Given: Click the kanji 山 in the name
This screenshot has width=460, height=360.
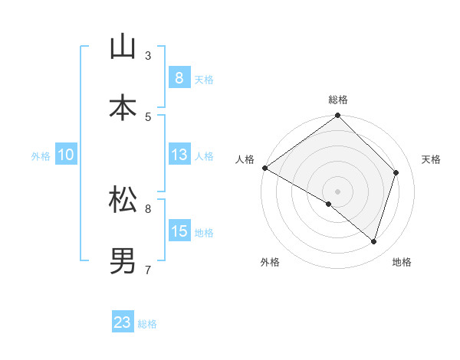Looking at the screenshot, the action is pyautogui.click(x=123, y=47).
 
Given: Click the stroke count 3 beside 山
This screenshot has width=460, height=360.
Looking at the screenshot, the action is pyautogui.click(x=148, y=56).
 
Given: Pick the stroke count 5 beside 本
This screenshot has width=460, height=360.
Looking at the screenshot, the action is pyautogui.click(x=148, y=116).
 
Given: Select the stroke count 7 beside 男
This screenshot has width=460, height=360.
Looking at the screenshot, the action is pyautogui.click(x=148, y=269).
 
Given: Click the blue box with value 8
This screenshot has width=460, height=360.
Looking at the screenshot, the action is pyautogui.click(x=179, y=77).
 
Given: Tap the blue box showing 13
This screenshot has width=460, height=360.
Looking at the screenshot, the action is pyautogui.click(x=179, y=155).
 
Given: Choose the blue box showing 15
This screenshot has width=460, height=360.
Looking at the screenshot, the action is pyautogui.click(x=179, y=231).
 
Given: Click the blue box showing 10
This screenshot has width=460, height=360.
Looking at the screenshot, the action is pyautogui.click(x=66, y=155).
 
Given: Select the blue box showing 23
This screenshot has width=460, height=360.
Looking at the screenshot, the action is pyautogui.click(x=123, y=322).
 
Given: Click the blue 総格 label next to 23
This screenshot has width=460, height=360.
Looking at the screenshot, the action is pyautogui.click(x=147, y=324).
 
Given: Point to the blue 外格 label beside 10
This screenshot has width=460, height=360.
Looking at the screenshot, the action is pyautogui.click(x=41, y=156).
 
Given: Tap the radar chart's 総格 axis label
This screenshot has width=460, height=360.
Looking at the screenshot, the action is pyautogui.click(x=338, y=100).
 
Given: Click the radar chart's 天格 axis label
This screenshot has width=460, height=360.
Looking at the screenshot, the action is pyautogui.click(x=432, y=159).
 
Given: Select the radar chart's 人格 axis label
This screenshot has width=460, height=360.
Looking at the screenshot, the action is pyautogui.click(x=245, y=159).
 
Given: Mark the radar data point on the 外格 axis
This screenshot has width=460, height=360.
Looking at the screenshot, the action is pyautogui.click(x=328, y=205).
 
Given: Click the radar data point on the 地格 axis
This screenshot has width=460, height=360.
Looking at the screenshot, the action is pyautogui.click(x=373, y=241).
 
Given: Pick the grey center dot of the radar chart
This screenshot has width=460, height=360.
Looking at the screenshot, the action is pyautogui.click(x=338, y=191).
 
